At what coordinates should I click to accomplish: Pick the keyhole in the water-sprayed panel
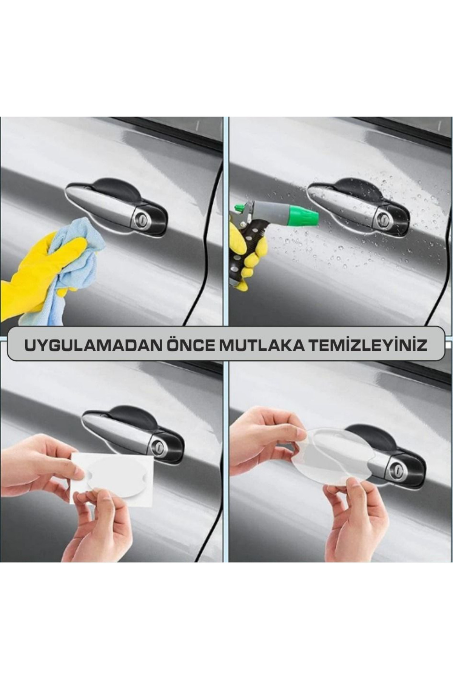384,218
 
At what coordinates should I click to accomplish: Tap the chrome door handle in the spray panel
345,207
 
